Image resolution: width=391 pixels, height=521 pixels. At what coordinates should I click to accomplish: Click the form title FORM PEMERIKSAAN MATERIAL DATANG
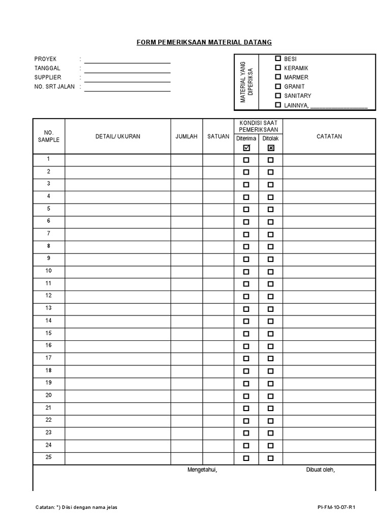(x=204, y=42)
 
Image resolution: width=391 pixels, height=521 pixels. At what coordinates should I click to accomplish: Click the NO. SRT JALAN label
(x=54, y=86)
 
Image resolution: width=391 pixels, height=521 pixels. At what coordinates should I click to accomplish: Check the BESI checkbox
(x=278, y=59)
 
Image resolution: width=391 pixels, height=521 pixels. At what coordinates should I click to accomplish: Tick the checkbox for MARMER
(x=278, y=77)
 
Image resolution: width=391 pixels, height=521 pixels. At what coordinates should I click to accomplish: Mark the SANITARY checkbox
(x=278, y=95)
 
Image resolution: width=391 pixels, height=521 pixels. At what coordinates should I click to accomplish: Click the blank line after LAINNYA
(x=339, y=107)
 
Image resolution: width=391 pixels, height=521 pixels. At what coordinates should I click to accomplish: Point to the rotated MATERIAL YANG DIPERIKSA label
(x=246, y=81)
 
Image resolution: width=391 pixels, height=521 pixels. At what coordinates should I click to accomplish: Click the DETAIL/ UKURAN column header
(x=118, y=136)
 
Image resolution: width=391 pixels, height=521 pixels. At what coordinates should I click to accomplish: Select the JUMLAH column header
(x=186, y=136)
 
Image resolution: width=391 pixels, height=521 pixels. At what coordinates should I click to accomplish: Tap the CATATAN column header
(x=329, y=136)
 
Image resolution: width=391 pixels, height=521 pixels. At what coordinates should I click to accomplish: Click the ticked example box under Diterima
(x=246, y=148)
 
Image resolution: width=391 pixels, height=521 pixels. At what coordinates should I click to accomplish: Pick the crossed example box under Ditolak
(x=271, y=148)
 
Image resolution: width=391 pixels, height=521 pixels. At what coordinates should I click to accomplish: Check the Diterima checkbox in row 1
(x=246, y=160)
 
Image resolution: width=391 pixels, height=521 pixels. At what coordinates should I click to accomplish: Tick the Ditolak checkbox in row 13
(x=271, y=309)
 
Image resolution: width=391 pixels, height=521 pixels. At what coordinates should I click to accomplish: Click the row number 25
(x=49, y=457)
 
